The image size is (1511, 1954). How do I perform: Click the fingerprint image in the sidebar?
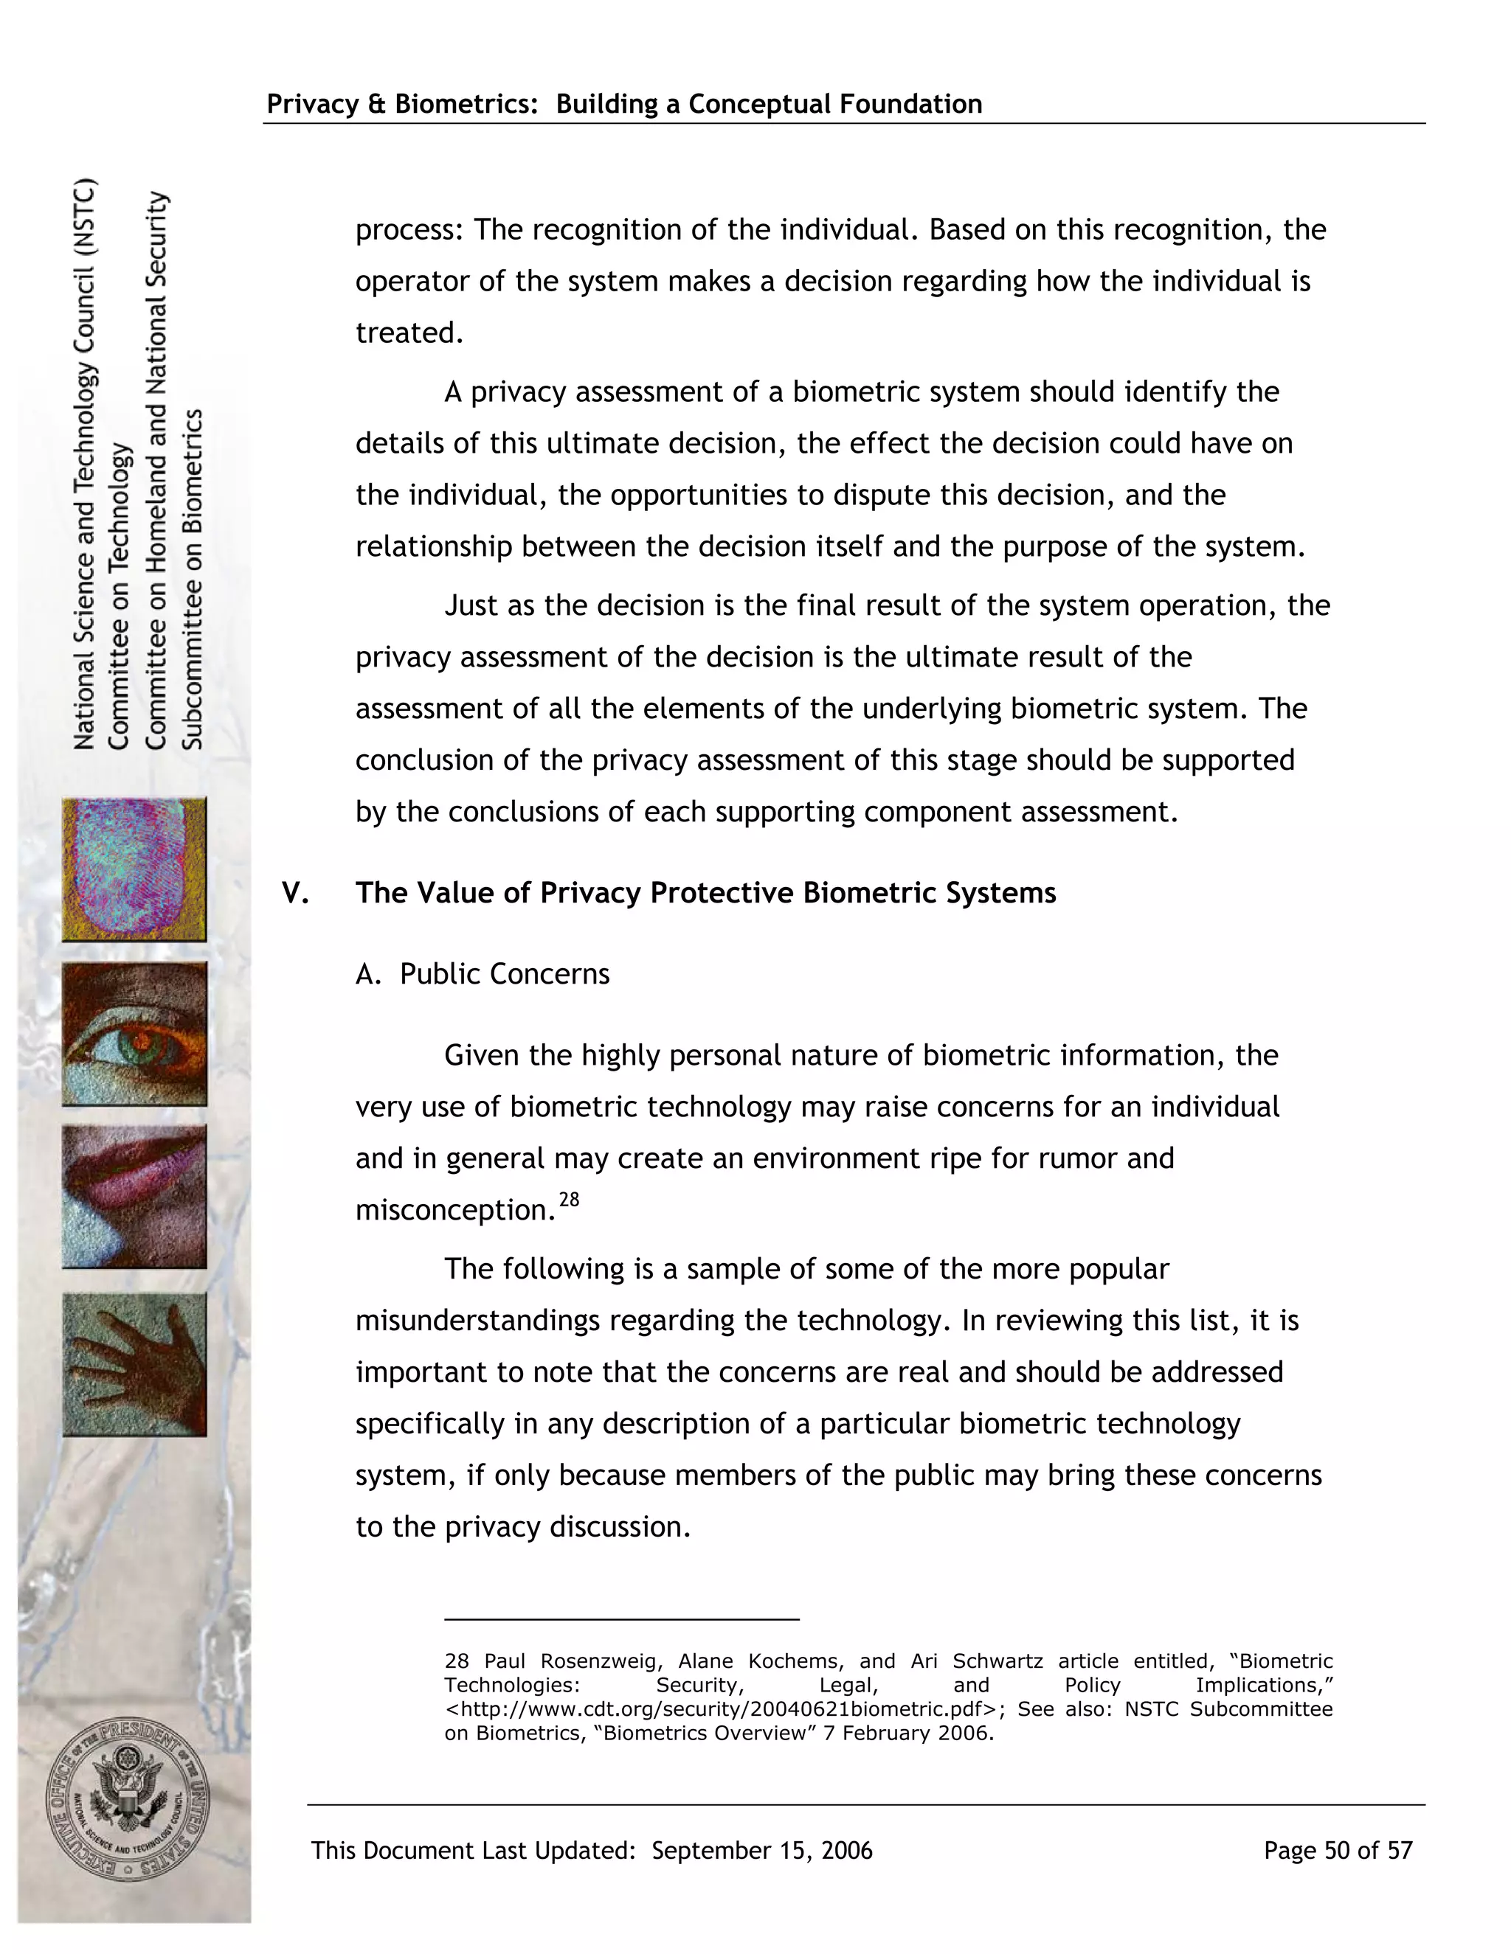[134, 869]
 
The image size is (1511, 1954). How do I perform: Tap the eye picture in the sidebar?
[134, 1035]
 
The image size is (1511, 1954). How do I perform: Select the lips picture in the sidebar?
[134, 1197]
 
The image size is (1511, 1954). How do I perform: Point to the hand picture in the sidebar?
[134, 1363]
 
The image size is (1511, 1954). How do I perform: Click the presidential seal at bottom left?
[128, 1800]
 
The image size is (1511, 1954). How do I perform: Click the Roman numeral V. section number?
[295, 893]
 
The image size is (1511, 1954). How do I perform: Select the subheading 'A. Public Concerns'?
[483, 973]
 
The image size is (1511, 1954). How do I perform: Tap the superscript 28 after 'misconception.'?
[570, 1200]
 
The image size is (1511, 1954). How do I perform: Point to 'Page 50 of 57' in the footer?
[1338, 1850]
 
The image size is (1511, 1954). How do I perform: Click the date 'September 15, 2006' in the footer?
[761, 1850]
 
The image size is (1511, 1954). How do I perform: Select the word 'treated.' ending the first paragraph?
[409, 333]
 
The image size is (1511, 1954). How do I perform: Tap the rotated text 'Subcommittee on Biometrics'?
[194, 579]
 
